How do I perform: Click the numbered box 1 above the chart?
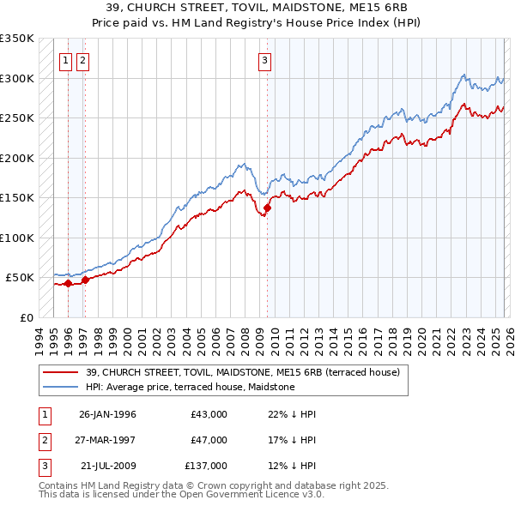pyautogui.click(x=65, y=60)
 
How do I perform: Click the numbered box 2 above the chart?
pyautogui.click(x=82, y=60)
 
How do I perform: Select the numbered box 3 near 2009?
pyautogui.click(x=265, y=60)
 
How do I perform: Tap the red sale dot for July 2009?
pyautogui.click(x=267, y=208)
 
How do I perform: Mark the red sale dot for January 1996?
pyautogui.click(x=68, y=283)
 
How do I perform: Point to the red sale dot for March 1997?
pyautogui.click(x=85, y=280)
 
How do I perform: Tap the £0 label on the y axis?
pyautogui.click(x=25, y=317)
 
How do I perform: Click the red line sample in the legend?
pyautogui.click(x=61, y=372)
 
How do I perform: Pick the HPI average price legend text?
pyautogui.click(x=190, y=387)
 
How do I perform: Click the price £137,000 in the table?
pyautogui.click(x=206, y=466)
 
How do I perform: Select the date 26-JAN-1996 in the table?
pyautogui.click(x=107, y=414)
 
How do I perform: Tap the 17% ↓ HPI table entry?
pyautogui.click(x=286, y=440)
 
